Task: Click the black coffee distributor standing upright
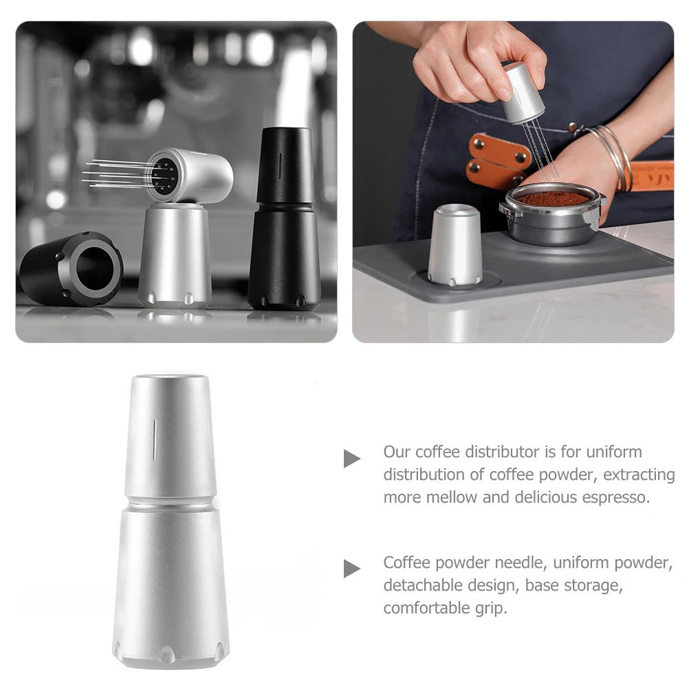[284, 227]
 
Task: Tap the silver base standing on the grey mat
[455, 246]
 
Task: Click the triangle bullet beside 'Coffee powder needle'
[352, 569]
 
